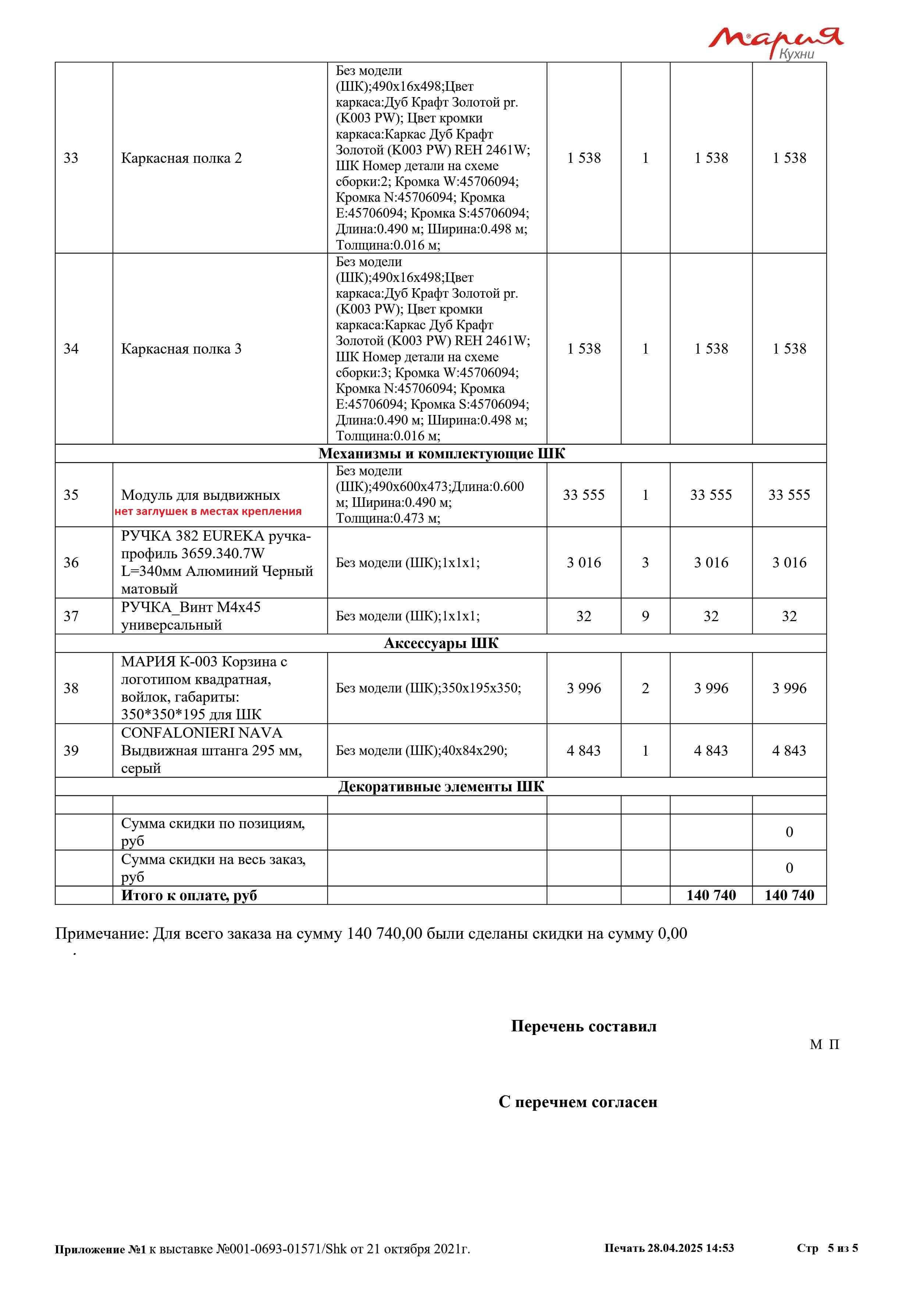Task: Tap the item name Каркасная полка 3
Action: [181, 349]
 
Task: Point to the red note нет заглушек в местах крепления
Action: [208, 511]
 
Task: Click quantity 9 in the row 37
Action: [645, 616]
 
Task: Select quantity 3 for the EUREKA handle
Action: [645, 562]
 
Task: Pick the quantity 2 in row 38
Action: [645, 688]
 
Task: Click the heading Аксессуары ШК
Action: [441, 643]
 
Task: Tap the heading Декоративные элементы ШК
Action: [441, 787]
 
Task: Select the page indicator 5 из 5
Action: [842, 1248]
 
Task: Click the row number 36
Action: [71, 562]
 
